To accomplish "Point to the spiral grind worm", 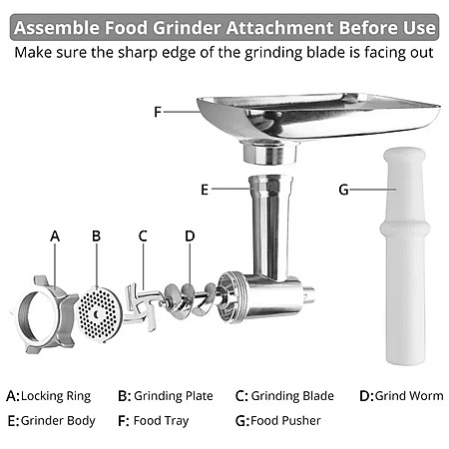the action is point(190,300).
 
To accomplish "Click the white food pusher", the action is point(404,256).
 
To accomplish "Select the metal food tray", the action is point(317,124).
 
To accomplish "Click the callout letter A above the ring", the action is point(55,236).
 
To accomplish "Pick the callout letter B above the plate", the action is point(97,235).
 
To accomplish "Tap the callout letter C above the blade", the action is point(143,235).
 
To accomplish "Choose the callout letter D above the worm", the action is point(190,235).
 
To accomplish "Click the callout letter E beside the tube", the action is point(205,190).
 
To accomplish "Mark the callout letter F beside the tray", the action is point(158,112).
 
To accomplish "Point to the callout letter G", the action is point(343,190).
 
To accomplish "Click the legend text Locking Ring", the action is point(56,396).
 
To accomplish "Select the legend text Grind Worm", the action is point(409,396).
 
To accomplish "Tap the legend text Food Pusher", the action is point(285,421).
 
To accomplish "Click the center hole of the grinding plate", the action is point(97,314).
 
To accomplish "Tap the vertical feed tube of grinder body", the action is point(270,226).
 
